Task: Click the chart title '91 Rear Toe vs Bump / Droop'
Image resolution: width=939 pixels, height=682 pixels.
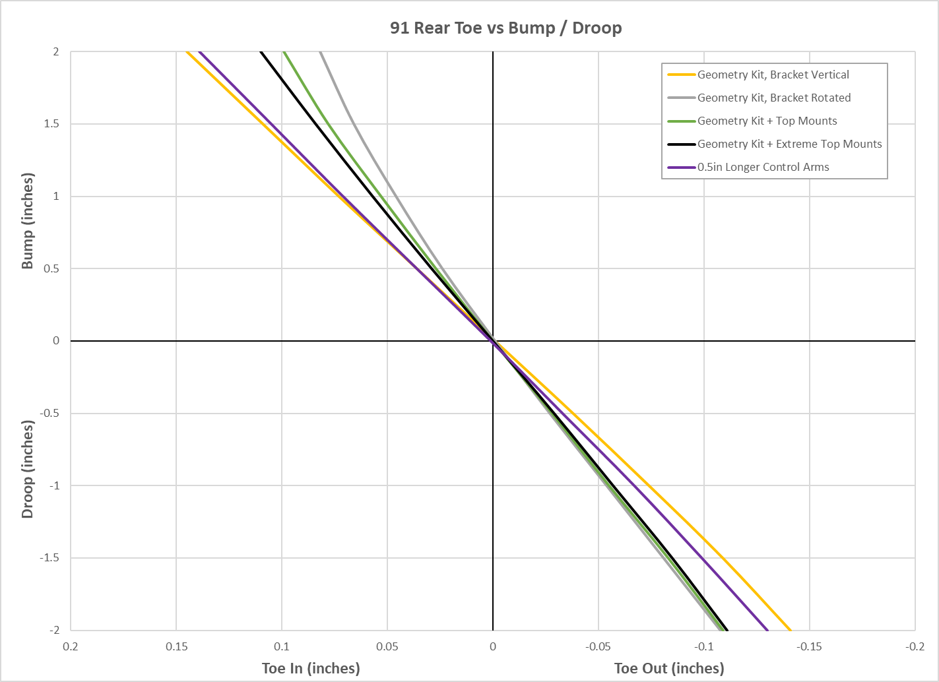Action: (x=505, y=28)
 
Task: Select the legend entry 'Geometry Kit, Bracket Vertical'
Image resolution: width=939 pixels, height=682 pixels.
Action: (x=773, y=75)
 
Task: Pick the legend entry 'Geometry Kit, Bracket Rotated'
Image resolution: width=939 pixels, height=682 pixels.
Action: (x=773, y=98)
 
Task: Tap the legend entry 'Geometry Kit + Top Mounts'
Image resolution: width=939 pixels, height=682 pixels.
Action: (x=767, y=121)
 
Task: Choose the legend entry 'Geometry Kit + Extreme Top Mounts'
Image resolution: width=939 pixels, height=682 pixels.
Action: (x=789, y=144)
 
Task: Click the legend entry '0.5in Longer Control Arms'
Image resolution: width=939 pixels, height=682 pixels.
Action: (x=763, y=167)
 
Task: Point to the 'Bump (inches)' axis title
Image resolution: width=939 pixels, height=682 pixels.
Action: (x=28, y=221)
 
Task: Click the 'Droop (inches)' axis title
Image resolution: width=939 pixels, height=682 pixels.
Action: (x=28, y=468)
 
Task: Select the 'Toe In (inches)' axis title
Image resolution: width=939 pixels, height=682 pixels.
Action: (x=311, y=668)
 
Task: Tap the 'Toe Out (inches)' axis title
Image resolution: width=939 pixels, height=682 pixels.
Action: (x=668, y=668)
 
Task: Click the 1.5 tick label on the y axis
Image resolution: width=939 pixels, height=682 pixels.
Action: (x=51, y=124)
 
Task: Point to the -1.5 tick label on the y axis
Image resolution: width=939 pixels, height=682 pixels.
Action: (x=49, y=558)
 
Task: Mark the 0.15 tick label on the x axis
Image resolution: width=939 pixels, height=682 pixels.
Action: (x=176, y=646)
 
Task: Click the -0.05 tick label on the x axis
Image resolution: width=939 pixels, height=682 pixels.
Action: (x=598, y=646)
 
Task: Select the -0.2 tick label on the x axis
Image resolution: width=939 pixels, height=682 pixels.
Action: (x=915, y=646)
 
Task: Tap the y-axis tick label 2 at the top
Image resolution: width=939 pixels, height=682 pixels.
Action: (x=56, y=51)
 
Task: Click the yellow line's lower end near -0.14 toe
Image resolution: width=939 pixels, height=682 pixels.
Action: (x=790, y=629)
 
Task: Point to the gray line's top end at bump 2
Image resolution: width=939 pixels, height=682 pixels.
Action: (x=320, y=52)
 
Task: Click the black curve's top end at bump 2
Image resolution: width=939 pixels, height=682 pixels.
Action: (x=261, y=52)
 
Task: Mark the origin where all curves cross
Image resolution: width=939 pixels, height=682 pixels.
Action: (x=493, y=341)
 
